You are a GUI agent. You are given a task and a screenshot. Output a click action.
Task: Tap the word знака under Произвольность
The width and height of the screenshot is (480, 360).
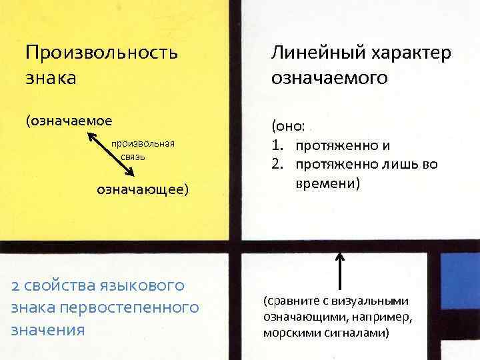click(x=50, y=77)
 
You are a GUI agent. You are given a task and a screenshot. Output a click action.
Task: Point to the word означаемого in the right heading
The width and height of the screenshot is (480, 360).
click(x=329, y=77)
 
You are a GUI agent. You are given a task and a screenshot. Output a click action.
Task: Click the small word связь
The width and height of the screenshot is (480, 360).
click(x=133, y=157)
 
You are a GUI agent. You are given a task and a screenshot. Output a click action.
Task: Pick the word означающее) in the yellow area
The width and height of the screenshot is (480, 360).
click(x=143, y=190)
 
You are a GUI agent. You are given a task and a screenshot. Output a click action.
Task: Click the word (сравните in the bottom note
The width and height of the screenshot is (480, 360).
click(x=292, y=300)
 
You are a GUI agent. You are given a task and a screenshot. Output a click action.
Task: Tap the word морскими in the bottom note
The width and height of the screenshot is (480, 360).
click(x=291, y=332)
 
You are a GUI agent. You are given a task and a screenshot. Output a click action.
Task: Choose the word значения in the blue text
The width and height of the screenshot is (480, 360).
click(x=47, y=329)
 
